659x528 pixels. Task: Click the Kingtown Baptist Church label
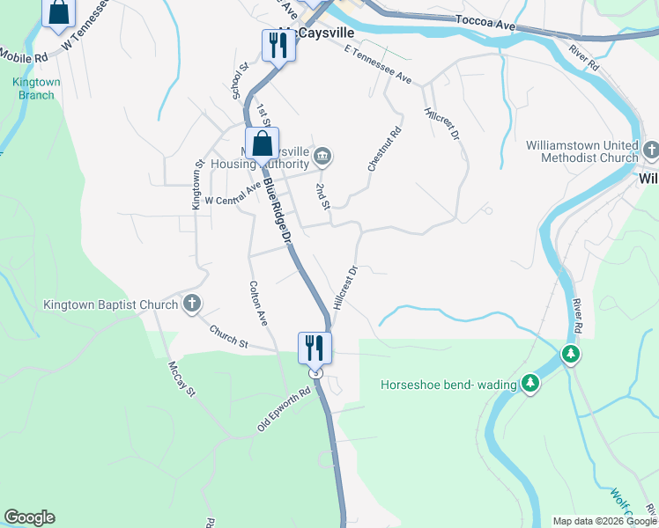point(111,305)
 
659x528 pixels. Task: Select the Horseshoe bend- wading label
point(448,385)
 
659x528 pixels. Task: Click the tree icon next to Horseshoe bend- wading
point(529,383)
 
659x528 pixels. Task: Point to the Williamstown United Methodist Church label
point(581,151)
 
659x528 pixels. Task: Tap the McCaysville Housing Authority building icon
point(322,158)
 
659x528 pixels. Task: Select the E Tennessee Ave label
point(378,66)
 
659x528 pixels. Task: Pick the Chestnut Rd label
point(386,150)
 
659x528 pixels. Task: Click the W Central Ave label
point(233,194)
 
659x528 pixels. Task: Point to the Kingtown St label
point(197,184)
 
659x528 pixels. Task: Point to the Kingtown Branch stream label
point(36,88)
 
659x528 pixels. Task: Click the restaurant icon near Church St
point(315,347)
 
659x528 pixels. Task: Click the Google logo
point(29,517)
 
